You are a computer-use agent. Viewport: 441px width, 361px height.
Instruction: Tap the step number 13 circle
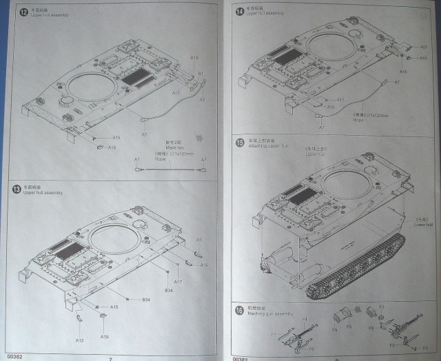coord(16,188)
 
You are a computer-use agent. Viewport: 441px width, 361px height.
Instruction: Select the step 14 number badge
coord(239,10)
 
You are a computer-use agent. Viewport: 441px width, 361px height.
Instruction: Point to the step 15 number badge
coord(239,143)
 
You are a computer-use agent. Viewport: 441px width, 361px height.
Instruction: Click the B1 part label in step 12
coord(201,74)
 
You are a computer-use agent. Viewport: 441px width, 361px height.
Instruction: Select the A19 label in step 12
coord(112,147)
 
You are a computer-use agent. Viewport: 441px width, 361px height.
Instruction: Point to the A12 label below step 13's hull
coord(80,340)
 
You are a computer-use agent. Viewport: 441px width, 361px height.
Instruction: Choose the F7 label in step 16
coord(382,307)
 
